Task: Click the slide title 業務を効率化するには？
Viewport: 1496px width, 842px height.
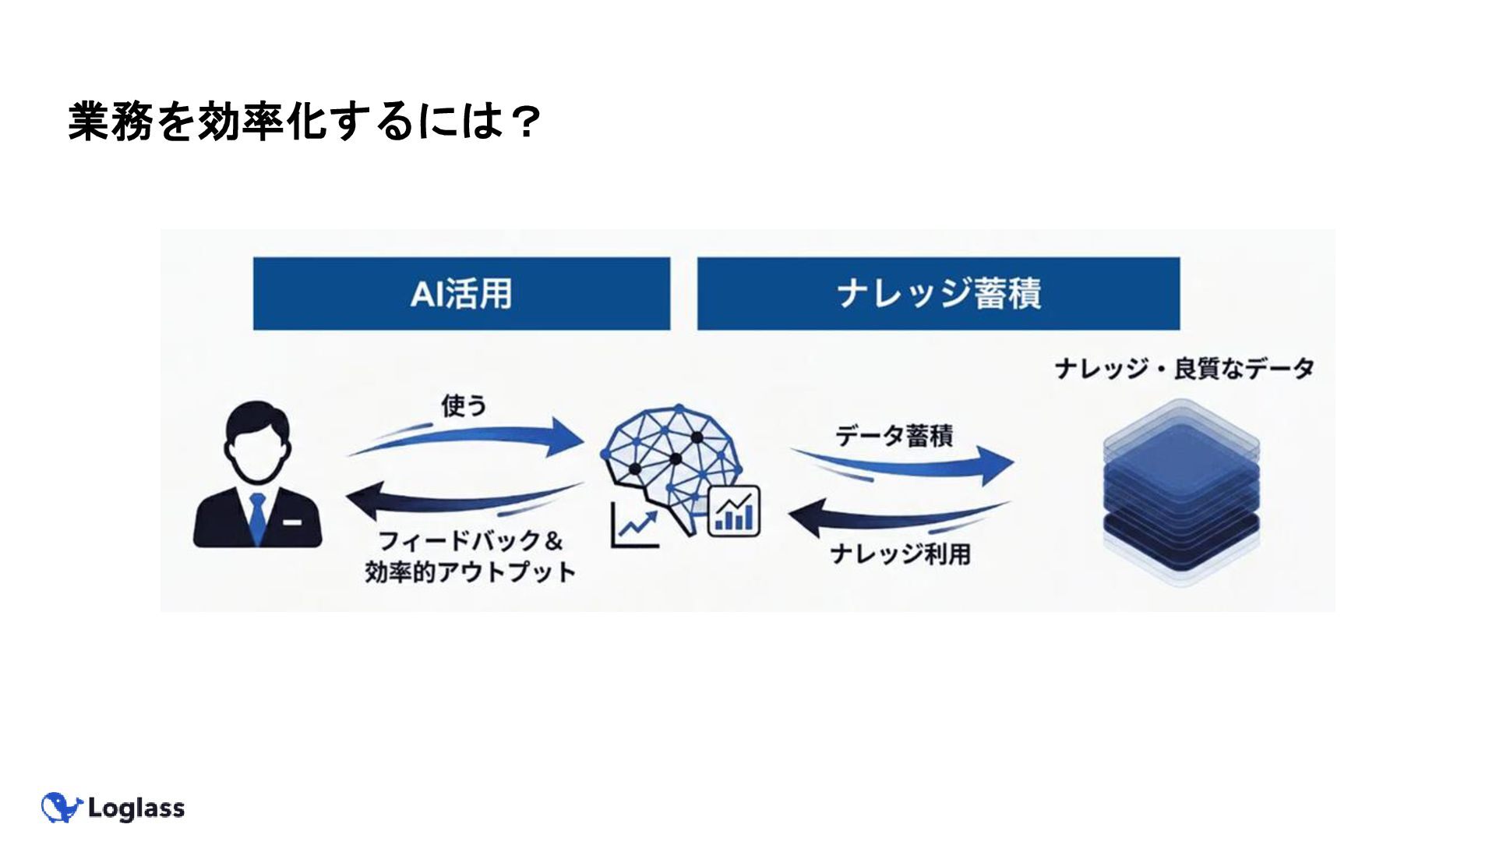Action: click(x=305, y=122)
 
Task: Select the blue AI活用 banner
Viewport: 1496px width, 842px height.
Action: click(x=461, y=294)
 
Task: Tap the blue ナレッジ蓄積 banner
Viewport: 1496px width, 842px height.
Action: click(x=938, y=294)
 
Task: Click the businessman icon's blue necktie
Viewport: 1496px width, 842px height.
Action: click(x=257, y=515)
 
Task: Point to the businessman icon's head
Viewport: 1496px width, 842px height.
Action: click(x=256, y=440)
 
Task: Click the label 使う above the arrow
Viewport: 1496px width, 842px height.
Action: click(x=464, y=405)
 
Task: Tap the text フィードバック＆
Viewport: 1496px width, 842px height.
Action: click(x=470, y=540)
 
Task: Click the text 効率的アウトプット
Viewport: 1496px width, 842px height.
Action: click(x=470, y=571)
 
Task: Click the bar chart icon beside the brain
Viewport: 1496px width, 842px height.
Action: click(x=733, y=511)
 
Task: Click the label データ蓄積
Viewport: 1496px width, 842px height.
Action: click(x=894, y=435)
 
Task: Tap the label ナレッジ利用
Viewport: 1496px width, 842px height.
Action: click(x=900, y=554)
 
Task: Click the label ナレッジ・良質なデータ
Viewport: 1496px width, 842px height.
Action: click(x=1184, y=368)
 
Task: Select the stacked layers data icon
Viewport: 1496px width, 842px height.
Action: click(x=1181, y=491)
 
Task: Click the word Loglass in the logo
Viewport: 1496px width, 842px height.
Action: click(x=136, y=808)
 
